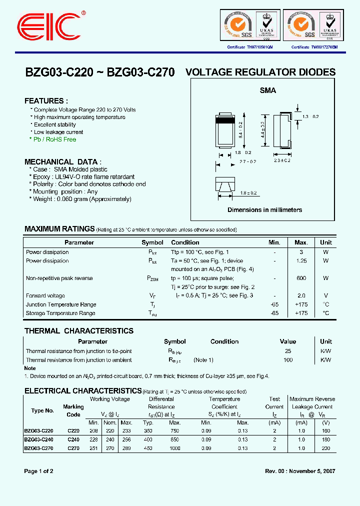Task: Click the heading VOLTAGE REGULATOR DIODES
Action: [260, 72]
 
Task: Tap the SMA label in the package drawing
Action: [267, 91]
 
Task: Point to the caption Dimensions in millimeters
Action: [264, 210]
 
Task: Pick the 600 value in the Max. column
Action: [301, 278]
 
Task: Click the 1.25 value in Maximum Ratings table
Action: [301, 261]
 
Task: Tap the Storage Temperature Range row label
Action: [60, 313]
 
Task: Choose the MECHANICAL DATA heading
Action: [62, 162]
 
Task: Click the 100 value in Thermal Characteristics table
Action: [288, 360]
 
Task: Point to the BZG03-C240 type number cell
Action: [38, 439]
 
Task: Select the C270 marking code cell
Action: [73, 448]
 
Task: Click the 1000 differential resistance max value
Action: [188, 448]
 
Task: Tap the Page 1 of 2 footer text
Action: [39, 471]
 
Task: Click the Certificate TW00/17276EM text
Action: [314, 47]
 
